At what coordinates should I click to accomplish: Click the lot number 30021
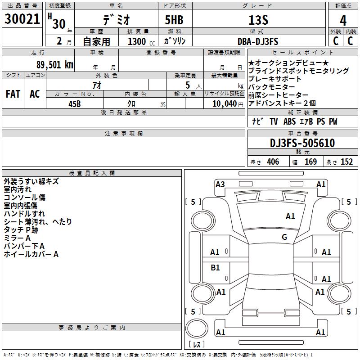click(x=22, y=19)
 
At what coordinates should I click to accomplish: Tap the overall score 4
click(x=343, y=21)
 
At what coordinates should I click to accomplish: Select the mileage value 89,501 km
click(x=55, y=65)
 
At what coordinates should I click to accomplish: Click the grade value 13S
click(x=258, y=20)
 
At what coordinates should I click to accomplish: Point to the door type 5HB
click(x=174, y=20)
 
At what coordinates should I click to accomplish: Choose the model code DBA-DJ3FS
click(x=258, y=41)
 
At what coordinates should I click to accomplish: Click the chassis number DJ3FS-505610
click(x=302, y=143)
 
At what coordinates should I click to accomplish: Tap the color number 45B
click(x=75, y=104)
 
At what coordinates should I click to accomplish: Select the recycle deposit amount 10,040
click(x=225, y=104)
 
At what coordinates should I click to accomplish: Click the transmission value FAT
click(x=13, y=94)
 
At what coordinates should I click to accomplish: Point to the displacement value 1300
click(x=137, y=41)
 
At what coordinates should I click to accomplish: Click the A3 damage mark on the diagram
click(x=220, y=184)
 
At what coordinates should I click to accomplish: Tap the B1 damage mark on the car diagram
click(x=215, y=267)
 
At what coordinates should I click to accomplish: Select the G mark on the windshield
click(x=284, y=237)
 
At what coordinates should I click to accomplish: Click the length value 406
click(x=273, y=162)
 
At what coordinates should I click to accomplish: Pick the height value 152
click(x=346, y=162)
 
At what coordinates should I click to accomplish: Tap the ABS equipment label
click(x=289, y=121)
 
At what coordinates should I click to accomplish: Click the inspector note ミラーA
click(x=17, y=238)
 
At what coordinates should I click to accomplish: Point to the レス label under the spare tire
click(x=197, y=344)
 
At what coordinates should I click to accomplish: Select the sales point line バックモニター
click(x=271, y=87)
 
